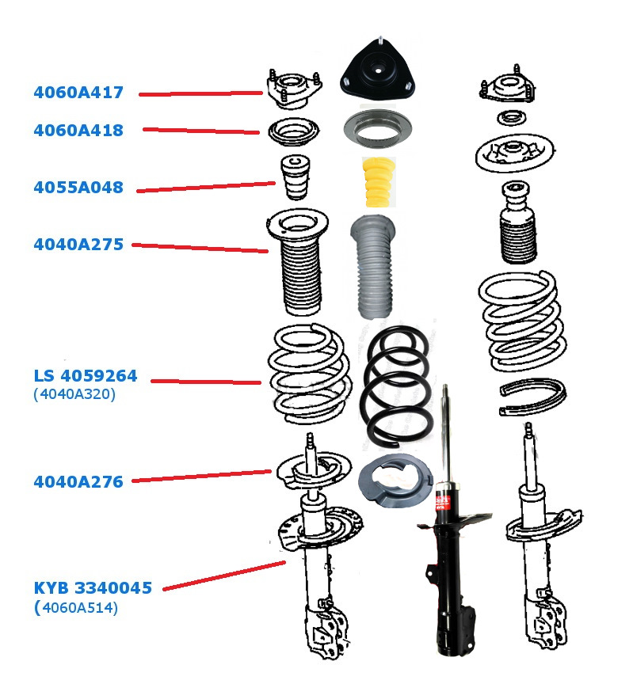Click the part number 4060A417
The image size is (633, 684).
coord(78,93)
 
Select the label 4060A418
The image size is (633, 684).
coord(78,131)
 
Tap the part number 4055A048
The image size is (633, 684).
coord(78,188)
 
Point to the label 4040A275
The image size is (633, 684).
coord(78,245)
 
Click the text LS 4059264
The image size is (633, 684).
coord(86,375)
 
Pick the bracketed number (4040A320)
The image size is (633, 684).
coord(74,394)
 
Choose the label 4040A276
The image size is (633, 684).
coord(78,482)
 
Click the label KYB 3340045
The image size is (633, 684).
coord(93,588)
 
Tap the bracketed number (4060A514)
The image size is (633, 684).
coord(76,608)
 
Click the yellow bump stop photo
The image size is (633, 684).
coord(379,181)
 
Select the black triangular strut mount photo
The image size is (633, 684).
coord(378,70)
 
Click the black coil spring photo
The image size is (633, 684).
coord(396,386)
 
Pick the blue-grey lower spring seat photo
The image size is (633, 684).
coord(395,481)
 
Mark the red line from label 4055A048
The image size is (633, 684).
coord(206,187)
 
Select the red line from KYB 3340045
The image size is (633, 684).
coord(224,576)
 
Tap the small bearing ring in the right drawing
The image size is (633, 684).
coord(512,118)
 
